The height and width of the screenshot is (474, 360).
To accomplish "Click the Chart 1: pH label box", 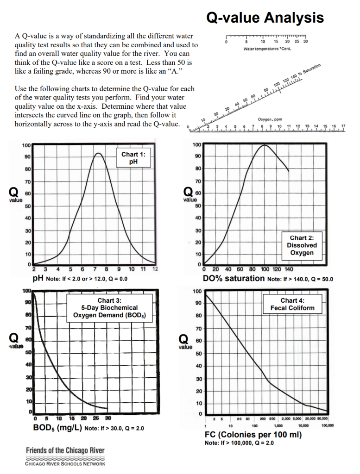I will (133, 158).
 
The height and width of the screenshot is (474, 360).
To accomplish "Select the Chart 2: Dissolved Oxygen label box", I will (302, 245).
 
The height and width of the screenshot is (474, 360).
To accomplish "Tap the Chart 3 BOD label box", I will (109, 307).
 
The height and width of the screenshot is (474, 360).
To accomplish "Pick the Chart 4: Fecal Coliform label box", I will (292, 304).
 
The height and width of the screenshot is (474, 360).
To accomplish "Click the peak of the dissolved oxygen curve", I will (264, 145).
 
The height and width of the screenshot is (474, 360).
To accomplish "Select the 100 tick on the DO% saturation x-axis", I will (265, 269).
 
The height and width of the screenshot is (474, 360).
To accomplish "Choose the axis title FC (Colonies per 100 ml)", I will (253, 435).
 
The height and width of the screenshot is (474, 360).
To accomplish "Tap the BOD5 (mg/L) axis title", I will (57, 428).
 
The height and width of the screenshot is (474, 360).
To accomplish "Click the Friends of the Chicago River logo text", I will (65, 450).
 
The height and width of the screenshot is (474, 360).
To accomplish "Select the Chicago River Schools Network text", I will (65, 463).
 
